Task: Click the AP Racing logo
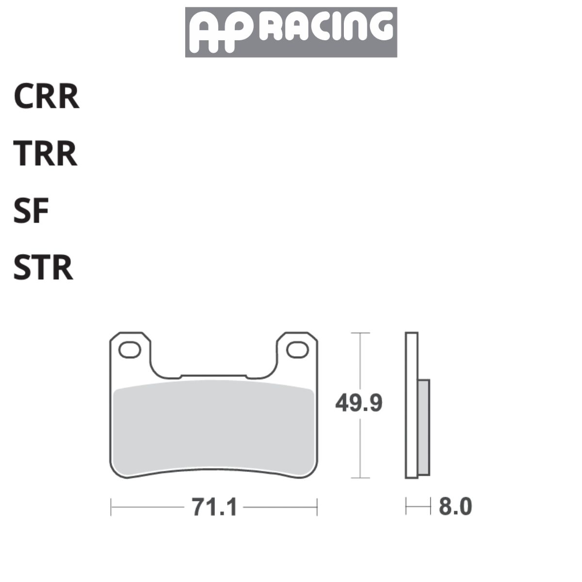(291, 32)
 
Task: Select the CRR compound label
(46, 97)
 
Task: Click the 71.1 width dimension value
(214, 508)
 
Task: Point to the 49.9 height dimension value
(359, 403)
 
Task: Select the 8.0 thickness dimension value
(455, 507)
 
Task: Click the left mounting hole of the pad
(129, 350)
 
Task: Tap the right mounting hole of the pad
(297, 350)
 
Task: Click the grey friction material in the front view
(213, 427)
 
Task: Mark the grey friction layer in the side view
(423, 427)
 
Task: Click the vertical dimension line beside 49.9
(359, 451)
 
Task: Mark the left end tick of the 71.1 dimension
(111, 507)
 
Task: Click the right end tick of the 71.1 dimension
(317, 507)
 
